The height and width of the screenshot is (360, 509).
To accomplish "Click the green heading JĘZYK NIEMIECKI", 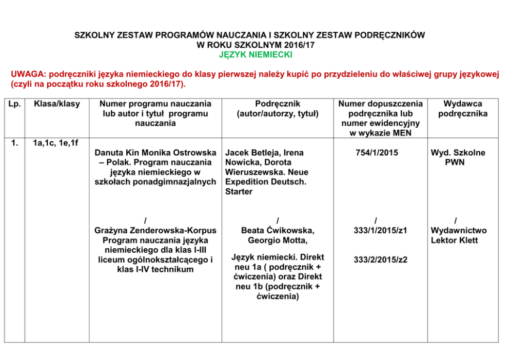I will pyautogui.click(x=255, y=54).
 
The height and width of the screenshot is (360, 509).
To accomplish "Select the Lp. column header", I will pyautogui.click(x=14, y=104).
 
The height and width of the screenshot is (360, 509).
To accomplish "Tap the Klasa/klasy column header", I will pyautogui.click(x=56, y=104).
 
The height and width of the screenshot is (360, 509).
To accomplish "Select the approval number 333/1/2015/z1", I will pyautogui.click(x=380, y=231).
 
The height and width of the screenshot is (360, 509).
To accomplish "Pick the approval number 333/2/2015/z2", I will pyautogui.click(x=380, y=260).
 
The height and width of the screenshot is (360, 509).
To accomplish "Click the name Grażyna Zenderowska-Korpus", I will pyautogui.click(x=155, y=231).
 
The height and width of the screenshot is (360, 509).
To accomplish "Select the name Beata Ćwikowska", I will pyautogui.click(x=278, y=231).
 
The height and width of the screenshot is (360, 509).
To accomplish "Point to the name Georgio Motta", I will pyautogui.click(x=278, y=241).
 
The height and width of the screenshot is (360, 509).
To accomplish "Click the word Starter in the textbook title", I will pyautogui.click(x=239, y=192).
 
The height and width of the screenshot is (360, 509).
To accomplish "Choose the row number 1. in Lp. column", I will pyautogui.click(x=14, y=143).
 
